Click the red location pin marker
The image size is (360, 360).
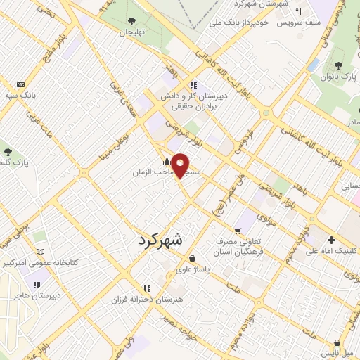click(181, 165)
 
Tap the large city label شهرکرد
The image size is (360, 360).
click(157, 239)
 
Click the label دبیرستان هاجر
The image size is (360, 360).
click(36, 296)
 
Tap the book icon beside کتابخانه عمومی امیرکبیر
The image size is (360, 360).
click(40, 252)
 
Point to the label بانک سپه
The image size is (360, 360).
click(20, 94)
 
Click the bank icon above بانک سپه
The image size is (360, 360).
click(20, 84)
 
